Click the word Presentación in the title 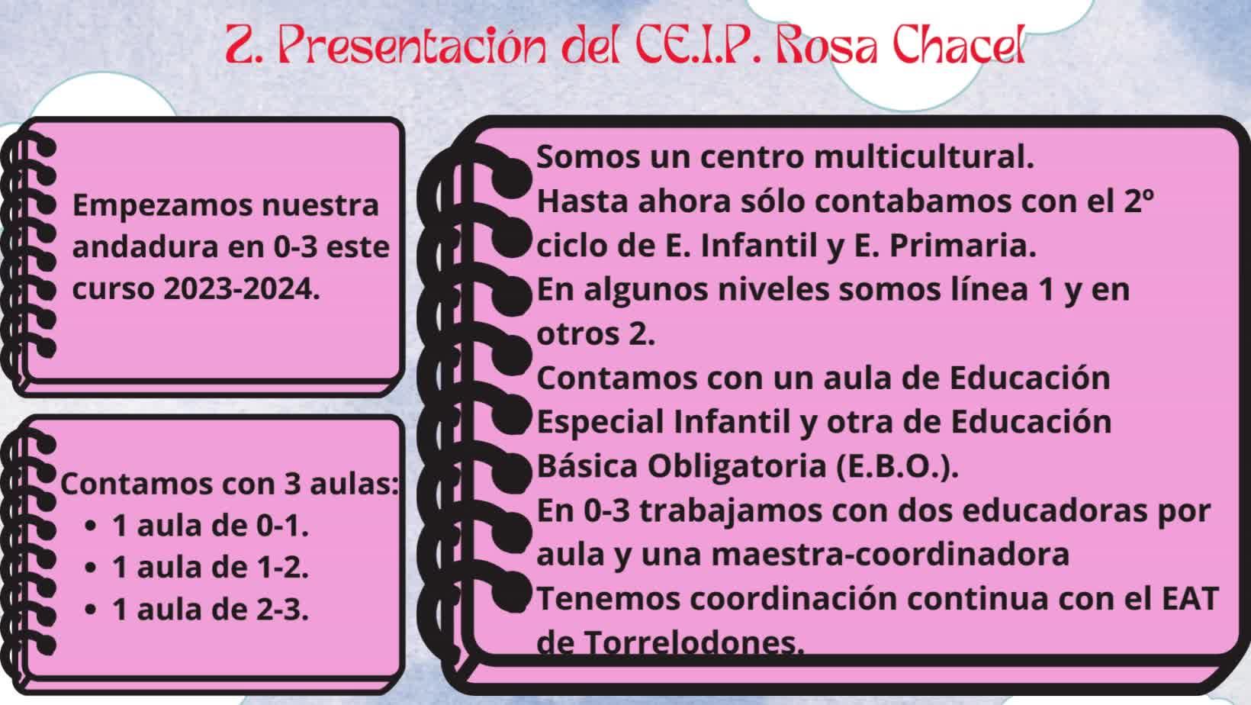tap(412, 46)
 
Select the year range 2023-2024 tap(242, 289)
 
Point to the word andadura tap(145, 247)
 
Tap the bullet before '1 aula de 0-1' tap(90, 526)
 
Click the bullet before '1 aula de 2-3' tap(90, 610)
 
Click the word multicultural tap(924, 157)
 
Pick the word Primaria tap(962, 246)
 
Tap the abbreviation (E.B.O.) tap(897, 466)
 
